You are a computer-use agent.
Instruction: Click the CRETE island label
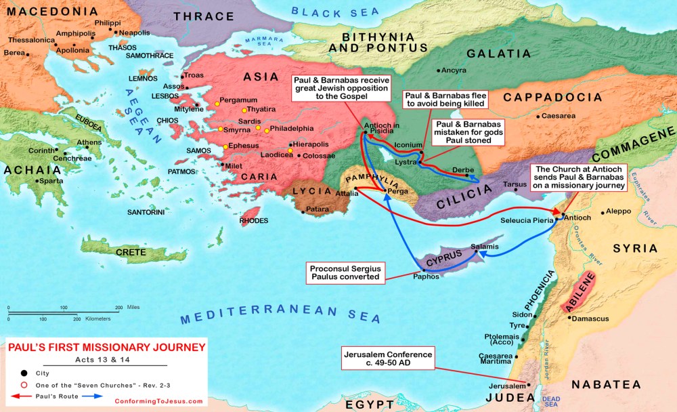point(131,252)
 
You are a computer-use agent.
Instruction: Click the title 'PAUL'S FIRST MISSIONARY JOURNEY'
point(106,348)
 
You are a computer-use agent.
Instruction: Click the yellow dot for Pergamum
point(217,104)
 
